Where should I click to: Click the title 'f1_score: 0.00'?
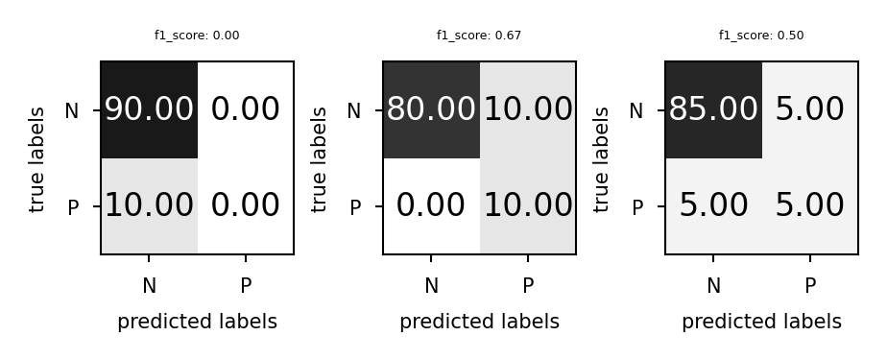point(197,36)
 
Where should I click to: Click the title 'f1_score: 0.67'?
point(479,36)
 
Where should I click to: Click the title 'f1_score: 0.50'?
point(761,36)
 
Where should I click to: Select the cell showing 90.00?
point(149,109)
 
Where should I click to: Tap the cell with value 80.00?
point(431,109)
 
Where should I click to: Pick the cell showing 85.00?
point(713,109)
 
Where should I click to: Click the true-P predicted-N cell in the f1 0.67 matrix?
point(431,205)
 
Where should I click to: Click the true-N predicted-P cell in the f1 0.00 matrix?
point(245,109)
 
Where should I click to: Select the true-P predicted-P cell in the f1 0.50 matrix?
point(809,205)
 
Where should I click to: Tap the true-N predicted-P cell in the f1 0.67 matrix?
point(527,109)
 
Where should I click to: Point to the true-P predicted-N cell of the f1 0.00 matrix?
point(149,205)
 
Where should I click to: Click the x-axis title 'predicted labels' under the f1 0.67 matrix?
point(479,322)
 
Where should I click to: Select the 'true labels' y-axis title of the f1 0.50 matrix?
point(602,158)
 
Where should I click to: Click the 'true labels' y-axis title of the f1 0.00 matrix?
point(37,158)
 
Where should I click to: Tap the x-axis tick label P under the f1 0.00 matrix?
point(245,285)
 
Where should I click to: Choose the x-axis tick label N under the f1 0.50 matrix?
point(713,285)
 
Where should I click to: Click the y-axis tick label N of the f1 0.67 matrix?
point(353,111)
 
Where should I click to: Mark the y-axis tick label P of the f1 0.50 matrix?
point(636,207)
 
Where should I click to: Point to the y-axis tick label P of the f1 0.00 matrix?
point(72,207)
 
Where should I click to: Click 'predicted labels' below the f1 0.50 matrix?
point(761,322)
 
